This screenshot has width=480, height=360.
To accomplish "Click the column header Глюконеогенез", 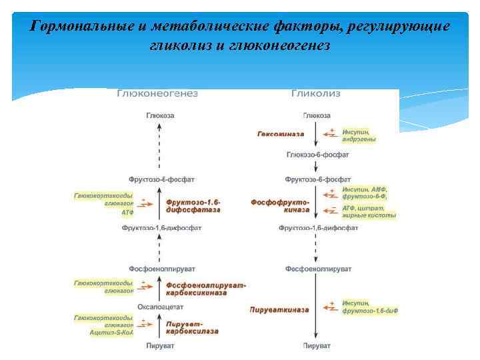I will click(158, 94).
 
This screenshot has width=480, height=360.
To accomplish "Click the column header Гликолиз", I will click(316, 94).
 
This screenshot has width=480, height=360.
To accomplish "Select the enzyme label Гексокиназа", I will click(280, 134).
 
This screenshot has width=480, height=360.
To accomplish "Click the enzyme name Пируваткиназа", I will click(279, 309).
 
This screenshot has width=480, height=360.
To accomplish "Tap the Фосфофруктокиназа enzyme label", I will click(280, 205).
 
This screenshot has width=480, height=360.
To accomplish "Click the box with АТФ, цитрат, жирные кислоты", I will click(369, 211).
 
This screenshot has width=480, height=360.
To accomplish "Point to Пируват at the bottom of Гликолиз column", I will click(317, 346).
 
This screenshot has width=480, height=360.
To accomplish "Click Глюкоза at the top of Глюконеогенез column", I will click(160, 115).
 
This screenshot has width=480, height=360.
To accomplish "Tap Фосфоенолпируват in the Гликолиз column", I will click(316, 269).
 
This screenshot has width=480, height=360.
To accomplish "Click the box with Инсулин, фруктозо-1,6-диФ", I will click(369, 307).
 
